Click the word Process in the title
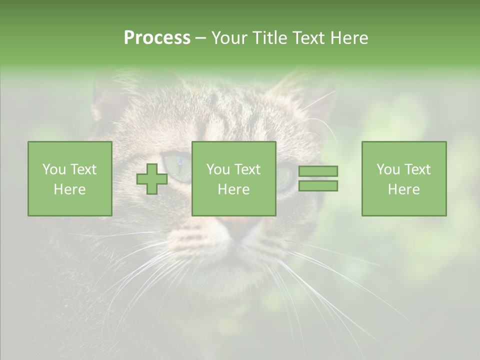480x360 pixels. pos(157,38)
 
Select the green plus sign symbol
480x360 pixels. pos(152,179)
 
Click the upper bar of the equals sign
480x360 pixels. pos(318,171)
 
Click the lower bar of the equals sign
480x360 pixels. pos(318,186)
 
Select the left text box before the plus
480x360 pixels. pos(69,179)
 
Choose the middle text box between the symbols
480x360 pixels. pos(233,179)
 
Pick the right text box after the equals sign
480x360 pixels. pos(403,179)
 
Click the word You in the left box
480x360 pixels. pos(53,169)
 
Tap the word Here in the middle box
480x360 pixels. pos(233,189)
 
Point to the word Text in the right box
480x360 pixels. pos(417,169)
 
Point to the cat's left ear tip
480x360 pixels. pos(102,92)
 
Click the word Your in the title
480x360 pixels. pos(231,38)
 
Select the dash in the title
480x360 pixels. pos(200,38)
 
